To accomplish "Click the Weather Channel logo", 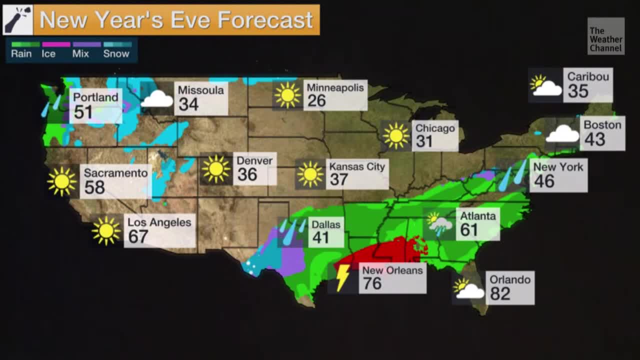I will click(605, 36).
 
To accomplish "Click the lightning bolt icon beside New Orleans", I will click(343, 278).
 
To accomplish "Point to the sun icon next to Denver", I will click(216, 169).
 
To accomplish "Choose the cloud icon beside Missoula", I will click(157, 99).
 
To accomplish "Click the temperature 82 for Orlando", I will click(500, 293).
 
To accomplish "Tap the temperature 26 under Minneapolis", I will click(316, 101).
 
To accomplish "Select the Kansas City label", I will click(357, 167).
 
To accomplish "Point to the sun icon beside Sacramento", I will click(62, 181).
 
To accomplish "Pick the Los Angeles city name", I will click(159, 222).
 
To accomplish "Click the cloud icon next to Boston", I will click(562, 133).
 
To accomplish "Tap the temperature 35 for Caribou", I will click(578, 91).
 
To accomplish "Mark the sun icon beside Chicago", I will click(396, 136).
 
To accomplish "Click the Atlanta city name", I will click(478, 216).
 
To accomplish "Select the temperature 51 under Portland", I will click(83, 112).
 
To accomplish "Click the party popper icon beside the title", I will click(18, 20).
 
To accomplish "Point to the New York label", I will click(558, 167).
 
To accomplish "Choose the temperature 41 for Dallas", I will click(320, 238).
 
